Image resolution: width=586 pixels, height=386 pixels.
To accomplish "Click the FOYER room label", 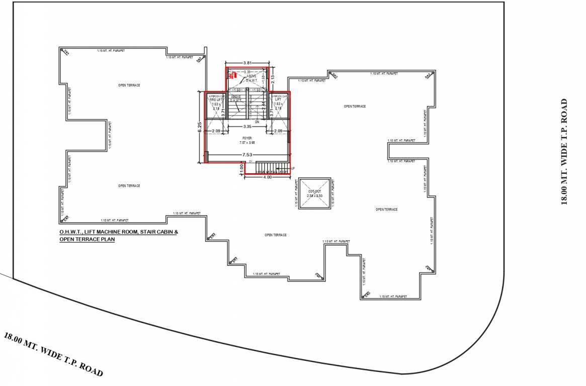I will pos(247,137).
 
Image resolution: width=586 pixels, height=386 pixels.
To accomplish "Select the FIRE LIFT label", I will pos(216,100).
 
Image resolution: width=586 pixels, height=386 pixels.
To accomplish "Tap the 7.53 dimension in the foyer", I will pos(247,155).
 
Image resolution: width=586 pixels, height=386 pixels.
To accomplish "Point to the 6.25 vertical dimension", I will pos(200,127).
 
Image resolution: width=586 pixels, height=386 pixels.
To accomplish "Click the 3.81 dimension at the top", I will pos(247,63).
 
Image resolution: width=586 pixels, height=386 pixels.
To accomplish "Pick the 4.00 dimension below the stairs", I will pos(267,177).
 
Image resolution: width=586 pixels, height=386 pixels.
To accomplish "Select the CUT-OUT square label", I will pos(314,191).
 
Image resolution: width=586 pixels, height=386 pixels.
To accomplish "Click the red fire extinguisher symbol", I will pos(232,75).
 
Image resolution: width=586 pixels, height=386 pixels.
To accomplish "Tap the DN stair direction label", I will pos(257,122).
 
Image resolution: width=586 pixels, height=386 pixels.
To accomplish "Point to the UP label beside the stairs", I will pos(293,168).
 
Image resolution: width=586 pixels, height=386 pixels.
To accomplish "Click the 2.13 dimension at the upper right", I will pos(272,78).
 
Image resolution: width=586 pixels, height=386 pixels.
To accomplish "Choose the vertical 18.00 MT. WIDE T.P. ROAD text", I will pos(564,152).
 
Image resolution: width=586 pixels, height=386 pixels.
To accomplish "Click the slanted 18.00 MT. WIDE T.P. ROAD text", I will pos(53,354).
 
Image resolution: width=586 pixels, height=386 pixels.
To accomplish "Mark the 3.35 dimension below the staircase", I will pos(247,127).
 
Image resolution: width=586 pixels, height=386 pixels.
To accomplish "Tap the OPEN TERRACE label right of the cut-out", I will pos(386,209).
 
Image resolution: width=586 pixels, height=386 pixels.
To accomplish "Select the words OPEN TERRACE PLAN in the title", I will pos(87,240).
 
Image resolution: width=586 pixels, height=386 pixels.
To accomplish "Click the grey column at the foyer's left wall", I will pos(206,157).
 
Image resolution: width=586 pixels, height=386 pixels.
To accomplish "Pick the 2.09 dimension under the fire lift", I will pos(216,131).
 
